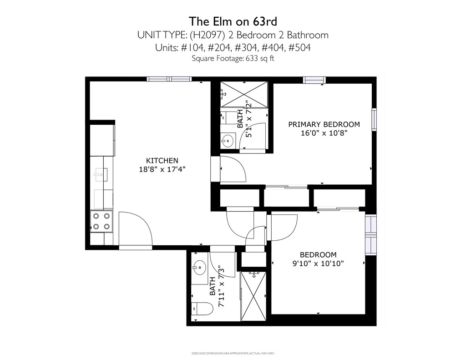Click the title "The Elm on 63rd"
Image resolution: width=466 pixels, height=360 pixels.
click(x=233, y=21)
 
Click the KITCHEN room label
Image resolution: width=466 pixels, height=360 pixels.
click(x=162, y=161)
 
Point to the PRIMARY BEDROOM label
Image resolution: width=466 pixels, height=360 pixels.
click(x=324, y=124)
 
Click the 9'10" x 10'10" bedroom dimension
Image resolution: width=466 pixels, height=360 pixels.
click(x=318, y=264)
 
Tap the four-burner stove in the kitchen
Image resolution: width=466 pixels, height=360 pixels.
click(x=101, y=221)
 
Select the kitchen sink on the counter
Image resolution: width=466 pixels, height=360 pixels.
click(x=101, y=174)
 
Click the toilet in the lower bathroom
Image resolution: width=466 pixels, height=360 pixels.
click(x=203, y=309)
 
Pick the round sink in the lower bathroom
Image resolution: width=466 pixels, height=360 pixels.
click(x=199, y=267)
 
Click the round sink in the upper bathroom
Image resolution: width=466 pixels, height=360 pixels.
click(x=228, y=140)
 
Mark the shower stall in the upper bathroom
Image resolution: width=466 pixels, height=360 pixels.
click(x=244, y=94)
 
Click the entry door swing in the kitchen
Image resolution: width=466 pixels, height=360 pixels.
click(x=136, y=228)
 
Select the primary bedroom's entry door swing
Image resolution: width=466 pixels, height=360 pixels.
click(x=233, y=169)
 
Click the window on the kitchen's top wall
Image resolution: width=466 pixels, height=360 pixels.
click(x=169, y=79)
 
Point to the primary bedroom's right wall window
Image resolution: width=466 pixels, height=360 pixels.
click(x=374, y=120)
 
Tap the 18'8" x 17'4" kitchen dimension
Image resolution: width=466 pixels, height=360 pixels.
click(x=162, y=169)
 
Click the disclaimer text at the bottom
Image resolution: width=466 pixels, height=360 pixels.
click(x=233, y=354)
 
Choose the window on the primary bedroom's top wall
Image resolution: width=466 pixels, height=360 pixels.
click(x=314, y=80)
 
